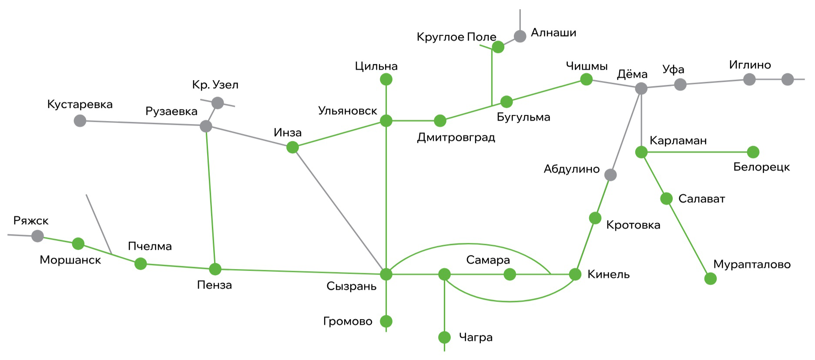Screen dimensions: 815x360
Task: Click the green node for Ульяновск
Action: coord(386,121)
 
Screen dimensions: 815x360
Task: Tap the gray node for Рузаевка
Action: coord(206,126)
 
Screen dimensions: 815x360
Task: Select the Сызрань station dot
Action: coord(386,274)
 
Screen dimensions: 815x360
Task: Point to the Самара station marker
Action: coord(510,274)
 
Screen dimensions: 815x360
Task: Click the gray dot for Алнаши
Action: coord(520,36)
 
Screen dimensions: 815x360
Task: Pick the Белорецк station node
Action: coord(753,152)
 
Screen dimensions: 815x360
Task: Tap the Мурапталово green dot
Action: coord(711,279)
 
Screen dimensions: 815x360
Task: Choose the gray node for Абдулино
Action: coord(610,175)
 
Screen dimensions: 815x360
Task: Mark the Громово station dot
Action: coord(386,321)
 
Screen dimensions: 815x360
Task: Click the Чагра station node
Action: coord(444,337)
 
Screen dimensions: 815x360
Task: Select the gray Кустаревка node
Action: coord(80,121)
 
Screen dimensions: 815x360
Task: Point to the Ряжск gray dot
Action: coord(38,236)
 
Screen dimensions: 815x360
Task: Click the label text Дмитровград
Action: coord(456,138)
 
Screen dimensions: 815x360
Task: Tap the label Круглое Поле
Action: coord(456,37)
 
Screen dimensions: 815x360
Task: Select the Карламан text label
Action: coord(678,141)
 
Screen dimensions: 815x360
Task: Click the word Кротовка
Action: coord(633,225)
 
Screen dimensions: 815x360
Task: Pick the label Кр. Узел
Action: coord(215,85)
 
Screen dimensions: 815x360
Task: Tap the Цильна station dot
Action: coord(386,79)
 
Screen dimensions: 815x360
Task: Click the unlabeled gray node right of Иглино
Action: coord(788,79)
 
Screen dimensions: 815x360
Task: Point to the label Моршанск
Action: coord(70,260)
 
